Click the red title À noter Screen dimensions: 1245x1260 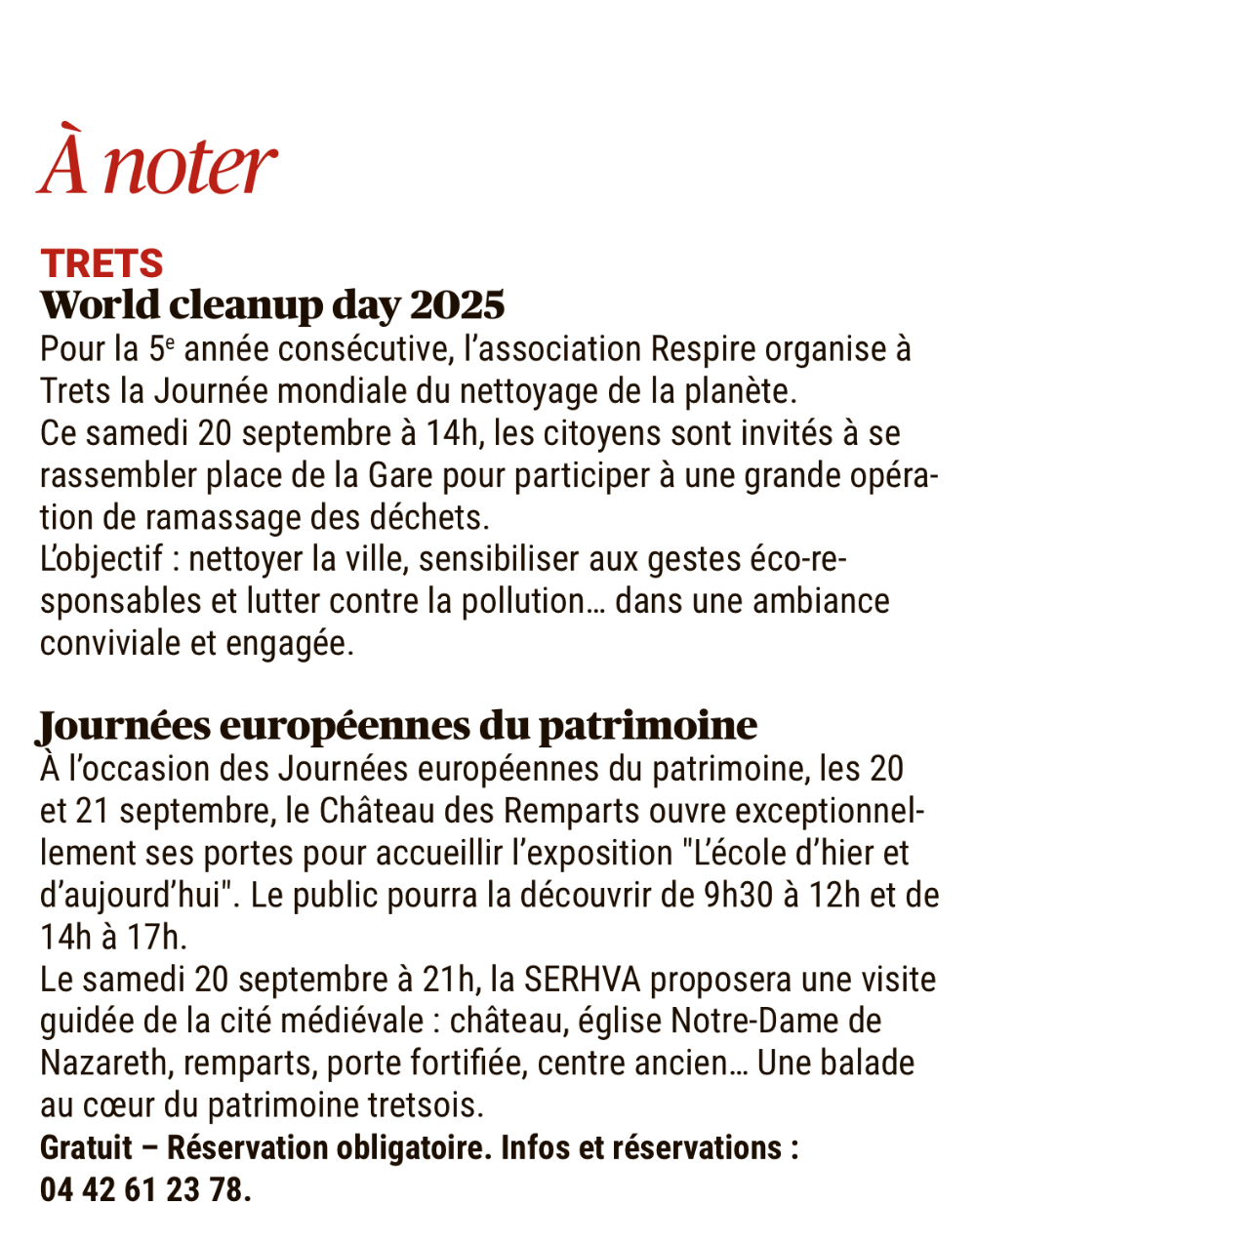157,162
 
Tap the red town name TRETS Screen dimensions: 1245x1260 102,263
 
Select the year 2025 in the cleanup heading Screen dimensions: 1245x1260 457,305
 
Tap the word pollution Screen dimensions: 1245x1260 524,601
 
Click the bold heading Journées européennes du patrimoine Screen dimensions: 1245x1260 397,726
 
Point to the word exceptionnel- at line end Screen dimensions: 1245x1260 830,811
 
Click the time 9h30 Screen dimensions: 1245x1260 738,895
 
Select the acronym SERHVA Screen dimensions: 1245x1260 582,979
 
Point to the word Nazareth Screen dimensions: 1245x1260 103,1063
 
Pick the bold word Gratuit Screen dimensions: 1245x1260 86,1147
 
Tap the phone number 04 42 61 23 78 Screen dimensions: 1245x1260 144,1189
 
